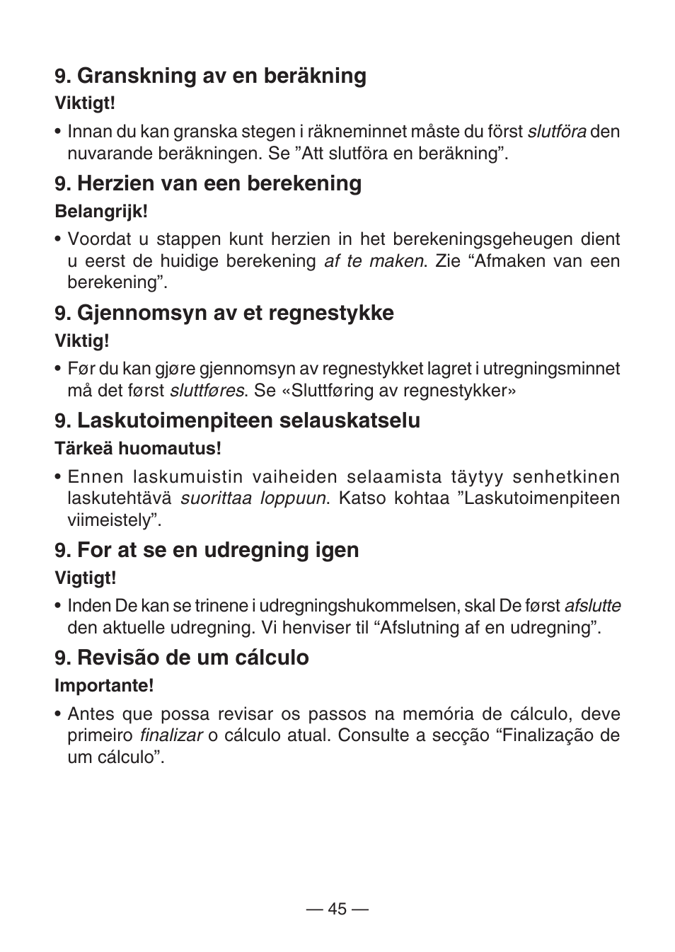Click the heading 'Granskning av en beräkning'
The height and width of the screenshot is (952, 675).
coord(211,76)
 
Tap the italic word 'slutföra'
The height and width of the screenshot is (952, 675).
coord(557,132)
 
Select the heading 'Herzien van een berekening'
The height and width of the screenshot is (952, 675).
coord(209,183)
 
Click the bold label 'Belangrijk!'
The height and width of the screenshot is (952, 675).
coord(101,211)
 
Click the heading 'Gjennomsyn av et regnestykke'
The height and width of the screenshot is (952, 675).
coord(224,313)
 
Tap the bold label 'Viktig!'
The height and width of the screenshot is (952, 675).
coord(82,340)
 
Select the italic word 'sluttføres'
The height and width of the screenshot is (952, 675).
coord(207,391)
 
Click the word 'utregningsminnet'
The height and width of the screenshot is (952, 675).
coord(552,369)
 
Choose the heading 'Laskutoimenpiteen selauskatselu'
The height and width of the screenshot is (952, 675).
coord(238,420)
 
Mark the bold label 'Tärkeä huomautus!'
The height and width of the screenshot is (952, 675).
coord(138,448)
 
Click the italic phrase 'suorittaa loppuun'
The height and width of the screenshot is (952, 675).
coord(253,498)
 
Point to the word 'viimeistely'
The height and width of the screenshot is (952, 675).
coord(111,520)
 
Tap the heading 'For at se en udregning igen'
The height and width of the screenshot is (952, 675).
coord(207,550)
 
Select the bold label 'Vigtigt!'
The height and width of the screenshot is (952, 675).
coord(86,578)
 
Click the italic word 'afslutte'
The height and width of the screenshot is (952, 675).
coord(592,606)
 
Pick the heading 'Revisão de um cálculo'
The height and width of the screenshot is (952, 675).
coord(183,658)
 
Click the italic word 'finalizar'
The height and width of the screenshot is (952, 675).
coord(171,735)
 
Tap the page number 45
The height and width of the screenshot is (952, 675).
coord(337,910)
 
